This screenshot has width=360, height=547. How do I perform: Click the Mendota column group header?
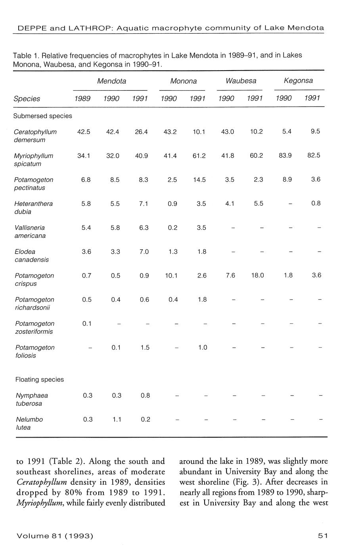tap(111, 81)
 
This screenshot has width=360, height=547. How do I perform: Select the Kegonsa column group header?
tap(298, 81)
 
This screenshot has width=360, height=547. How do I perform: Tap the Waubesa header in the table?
tap(241, 81)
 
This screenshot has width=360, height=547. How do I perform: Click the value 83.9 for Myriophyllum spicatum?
tap(285, 156)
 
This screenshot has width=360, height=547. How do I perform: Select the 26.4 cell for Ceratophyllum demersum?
tap(141, 132)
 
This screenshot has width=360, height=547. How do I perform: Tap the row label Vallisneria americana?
tap(30, 231)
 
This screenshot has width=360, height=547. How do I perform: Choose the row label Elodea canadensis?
tap(27, 256)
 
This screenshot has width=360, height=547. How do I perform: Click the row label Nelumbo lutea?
tap(29, 423)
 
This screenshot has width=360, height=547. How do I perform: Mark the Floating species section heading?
tap(39, 379)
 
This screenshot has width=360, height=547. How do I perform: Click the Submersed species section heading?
tap(43, 116)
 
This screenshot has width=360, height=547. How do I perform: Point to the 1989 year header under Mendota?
tap(82, 99)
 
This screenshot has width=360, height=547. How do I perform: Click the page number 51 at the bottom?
tap(323, 536)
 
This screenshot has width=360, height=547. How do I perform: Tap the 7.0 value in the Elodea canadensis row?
tap(144, 252)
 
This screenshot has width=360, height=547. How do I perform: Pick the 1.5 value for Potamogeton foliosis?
tap(145, 348)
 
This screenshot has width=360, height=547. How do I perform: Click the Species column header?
tap(27, 99)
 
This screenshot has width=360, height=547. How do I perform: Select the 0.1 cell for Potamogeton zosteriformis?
tap(87, 323)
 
